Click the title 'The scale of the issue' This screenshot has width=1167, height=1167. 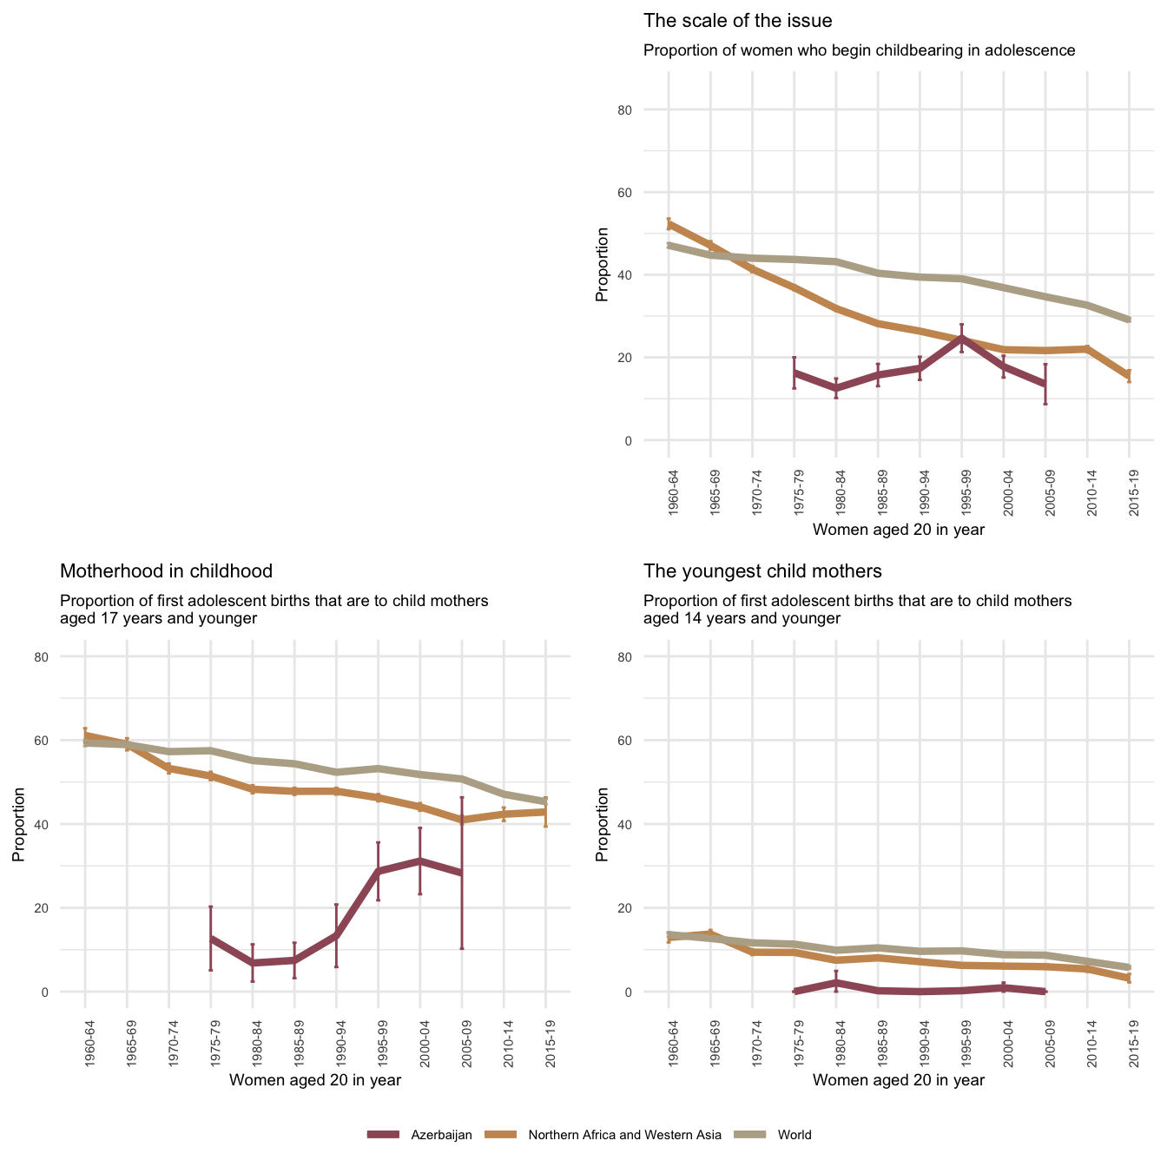pyautogui.click(x=737, y=20)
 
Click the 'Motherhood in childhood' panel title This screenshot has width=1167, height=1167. pyautogui.click(x=166, y=570)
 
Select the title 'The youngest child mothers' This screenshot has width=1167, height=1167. pyautogui.click(x=762, y=570)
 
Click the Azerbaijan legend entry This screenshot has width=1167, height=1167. pyautogui.click(x=420, y=1134)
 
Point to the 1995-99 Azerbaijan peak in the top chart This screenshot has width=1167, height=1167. pyautogui.click(x=961, y=338)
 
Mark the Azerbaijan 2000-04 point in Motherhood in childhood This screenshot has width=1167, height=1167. pyautogui.click(x=420, y=860)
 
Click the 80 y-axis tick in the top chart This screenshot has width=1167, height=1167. pyautogui.click(x=649, y=109)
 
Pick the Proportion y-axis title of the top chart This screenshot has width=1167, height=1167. pyautogui.click(x=602, y=265)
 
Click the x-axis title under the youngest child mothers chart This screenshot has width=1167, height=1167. pyautogui.click(x=899, y=1080)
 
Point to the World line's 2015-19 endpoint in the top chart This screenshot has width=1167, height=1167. pyautogui.click(x=1129, y=320)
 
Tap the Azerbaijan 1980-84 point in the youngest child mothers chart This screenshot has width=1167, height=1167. pyautogui.click(x=836, y=982)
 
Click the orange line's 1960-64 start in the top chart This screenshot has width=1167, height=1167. pyautogui.click(x=669, y=224)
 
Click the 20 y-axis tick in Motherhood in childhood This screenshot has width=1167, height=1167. pyautogui.click(x=65, y=907)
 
